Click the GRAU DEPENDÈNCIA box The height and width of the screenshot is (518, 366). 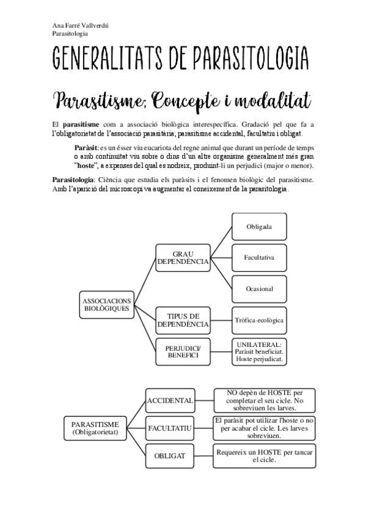tap(183, 258)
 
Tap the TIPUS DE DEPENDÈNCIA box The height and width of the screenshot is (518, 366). tap(183, 320)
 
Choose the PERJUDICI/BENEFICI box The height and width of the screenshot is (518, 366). tap(182, 351)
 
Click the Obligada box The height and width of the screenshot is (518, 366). tap(258, 227)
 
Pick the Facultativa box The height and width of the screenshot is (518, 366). tap(258, 258)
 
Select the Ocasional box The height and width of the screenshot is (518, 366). tap(258, 288)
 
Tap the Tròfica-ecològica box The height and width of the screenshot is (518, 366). tap(258, 320)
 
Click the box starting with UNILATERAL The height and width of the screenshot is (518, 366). tap(258, 351)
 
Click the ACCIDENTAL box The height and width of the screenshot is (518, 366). tap(171, 401)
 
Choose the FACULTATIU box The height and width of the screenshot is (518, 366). tap(171, 428)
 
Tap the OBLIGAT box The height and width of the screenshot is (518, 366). tap(171, 456)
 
